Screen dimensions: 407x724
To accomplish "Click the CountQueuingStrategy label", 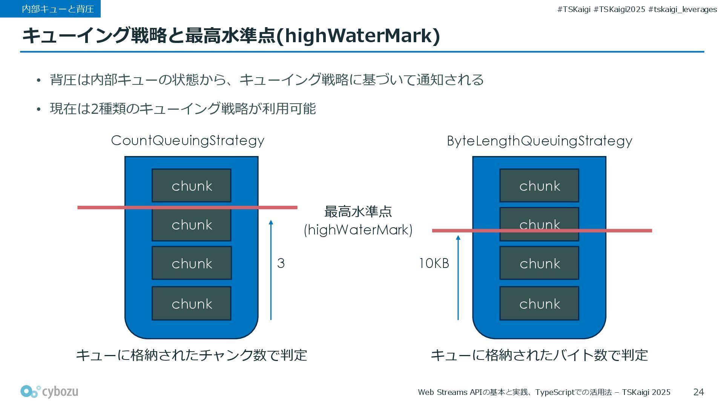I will [x=187, y=141].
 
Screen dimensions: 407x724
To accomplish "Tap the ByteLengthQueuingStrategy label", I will [x=539, y=141].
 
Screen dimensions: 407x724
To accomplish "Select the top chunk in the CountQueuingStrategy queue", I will [x=192, y=185].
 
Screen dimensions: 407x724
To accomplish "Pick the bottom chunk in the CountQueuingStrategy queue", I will [x=192, y=303].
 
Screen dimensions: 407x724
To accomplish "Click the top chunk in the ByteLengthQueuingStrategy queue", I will [x=539, y=185].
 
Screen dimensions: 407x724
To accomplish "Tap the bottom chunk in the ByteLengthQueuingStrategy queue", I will [x=539, y=303].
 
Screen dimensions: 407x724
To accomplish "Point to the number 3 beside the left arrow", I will [x=281, y=263].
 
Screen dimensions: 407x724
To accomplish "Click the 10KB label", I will [x=434, y=263].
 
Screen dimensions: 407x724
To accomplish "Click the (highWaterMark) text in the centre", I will [x=358, y=230].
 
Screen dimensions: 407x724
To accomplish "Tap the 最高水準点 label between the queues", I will [x=358, y=211].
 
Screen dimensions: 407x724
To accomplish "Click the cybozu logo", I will [x=49, y=392].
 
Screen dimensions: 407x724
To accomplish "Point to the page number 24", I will [x=698, y=392].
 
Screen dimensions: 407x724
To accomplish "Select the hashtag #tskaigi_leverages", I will [x=682, y=9].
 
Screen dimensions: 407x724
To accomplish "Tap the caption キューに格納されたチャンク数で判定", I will [x=192, y=355].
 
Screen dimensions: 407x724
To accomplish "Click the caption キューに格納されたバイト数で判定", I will [x=539, y=355].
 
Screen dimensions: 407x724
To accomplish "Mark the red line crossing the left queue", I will [x=98, y=207].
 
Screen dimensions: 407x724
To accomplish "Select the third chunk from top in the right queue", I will [x=539, y=263].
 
